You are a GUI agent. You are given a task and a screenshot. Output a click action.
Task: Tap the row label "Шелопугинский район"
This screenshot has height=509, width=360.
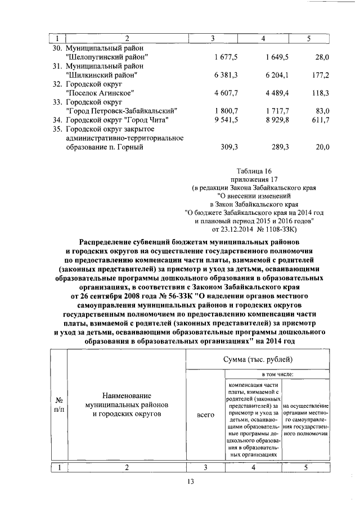tap(107, 57)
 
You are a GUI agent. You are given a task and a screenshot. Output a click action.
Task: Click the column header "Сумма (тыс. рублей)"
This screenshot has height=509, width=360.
tap(258, 359)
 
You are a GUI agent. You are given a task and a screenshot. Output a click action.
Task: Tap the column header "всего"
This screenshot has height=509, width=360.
tap(206, 415)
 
